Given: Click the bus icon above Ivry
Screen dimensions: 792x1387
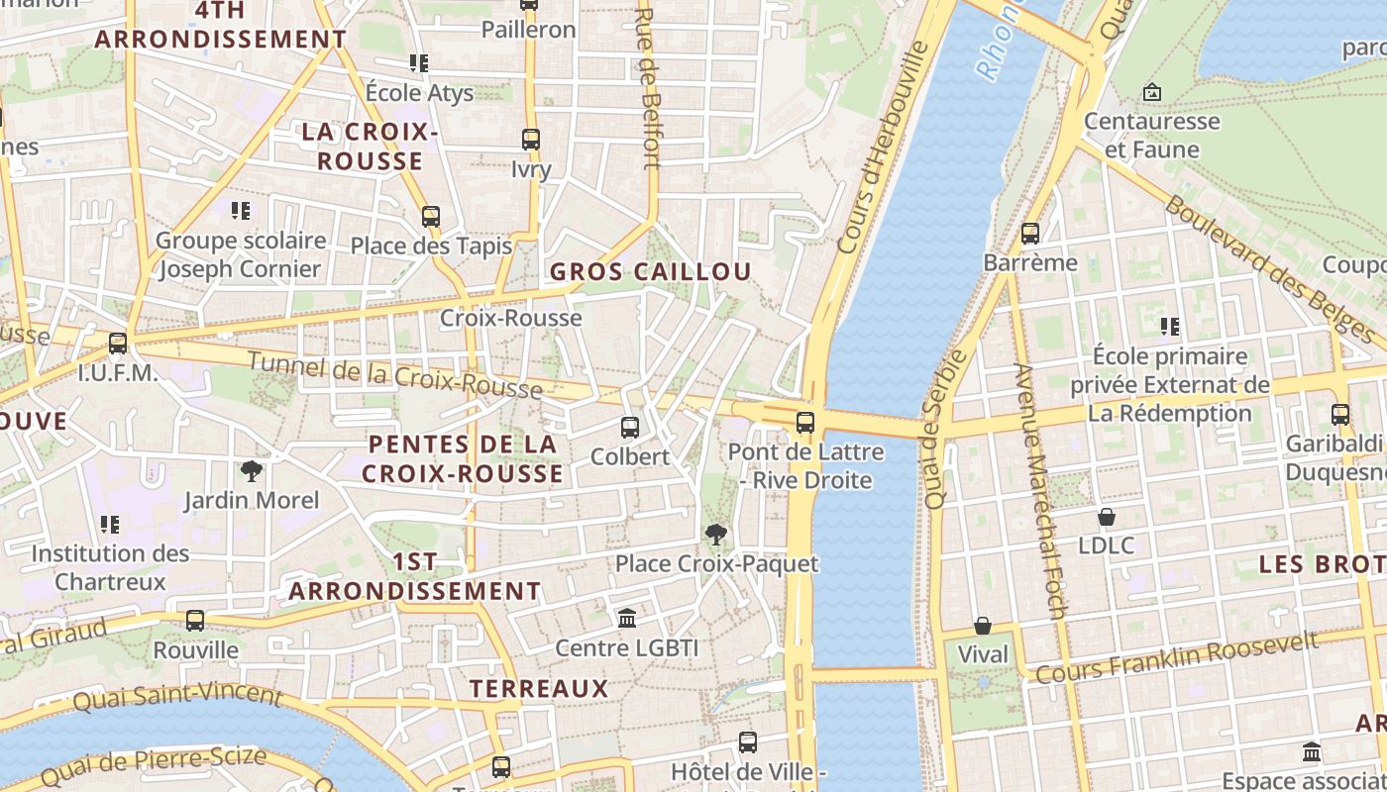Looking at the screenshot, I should [531, 140].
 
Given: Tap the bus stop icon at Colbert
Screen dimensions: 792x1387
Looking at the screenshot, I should [629, 428].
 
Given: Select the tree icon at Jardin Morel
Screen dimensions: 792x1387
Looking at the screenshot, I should [252, 470].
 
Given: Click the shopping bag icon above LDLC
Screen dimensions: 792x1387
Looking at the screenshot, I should [1107, 517].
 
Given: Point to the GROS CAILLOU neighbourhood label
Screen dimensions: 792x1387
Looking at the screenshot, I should [651, 271].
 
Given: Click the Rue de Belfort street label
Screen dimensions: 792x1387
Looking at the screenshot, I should [648, 89].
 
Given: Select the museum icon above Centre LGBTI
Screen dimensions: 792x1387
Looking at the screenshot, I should [626, 619].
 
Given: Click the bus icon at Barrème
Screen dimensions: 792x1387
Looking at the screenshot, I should [1030, 234].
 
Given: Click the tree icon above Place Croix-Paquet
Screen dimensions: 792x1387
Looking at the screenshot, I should [716, 535].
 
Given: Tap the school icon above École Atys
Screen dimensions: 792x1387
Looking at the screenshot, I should [419, 63].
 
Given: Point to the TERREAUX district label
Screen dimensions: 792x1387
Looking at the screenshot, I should [538, 688].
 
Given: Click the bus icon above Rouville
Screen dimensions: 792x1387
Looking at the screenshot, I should [195, 621].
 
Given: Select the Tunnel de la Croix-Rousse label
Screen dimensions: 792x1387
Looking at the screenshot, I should [394, 375].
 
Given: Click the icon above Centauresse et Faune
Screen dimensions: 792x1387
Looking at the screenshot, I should [1152, 92].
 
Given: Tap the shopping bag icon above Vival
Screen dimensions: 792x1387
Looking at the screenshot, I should [983, 626].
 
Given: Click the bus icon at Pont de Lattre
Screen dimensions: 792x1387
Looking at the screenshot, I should [804, 423].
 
